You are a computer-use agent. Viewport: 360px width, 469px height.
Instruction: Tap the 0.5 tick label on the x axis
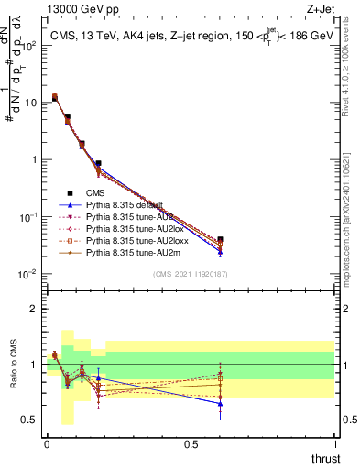coord(191,443)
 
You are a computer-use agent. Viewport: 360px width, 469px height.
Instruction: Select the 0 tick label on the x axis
coord(47,443)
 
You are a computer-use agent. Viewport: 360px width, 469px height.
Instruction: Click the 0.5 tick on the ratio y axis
coord(31,420)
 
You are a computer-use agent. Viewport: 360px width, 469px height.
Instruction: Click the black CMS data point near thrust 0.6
coord(220,239)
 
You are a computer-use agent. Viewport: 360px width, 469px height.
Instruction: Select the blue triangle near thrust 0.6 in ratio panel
coord(220,403)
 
